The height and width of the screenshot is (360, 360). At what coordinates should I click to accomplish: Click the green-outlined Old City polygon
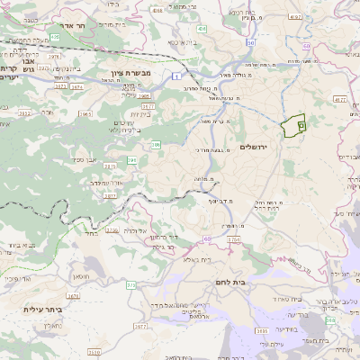(293, 127)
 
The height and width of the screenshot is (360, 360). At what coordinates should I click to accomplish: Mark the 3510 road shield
(94, 354)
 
